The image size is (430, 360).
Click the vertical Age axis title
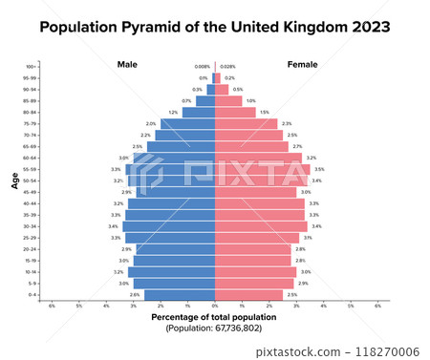[15, 180]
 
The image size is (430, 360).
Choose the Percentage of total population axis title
[214, 316]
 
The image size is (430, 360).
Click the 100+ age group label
[32, 67]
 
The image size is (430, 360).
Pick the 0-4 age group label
[32, 295]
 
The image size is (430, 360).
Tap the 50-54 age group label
[31, 180]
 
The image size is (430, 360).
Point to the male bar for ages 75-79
[188, 123]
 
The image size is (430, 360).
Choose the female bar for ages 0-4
[248, 295]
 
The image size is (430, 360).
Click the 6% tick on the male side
[52, 306]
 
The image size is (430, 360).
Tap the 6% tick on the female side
[377, 306]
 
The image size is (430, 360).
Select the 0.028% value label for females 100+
[227, 67]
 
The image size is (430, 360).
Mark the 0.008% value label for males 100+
[202, 67]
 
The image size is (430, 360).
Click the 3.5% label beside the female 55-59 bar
[318, 169]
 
